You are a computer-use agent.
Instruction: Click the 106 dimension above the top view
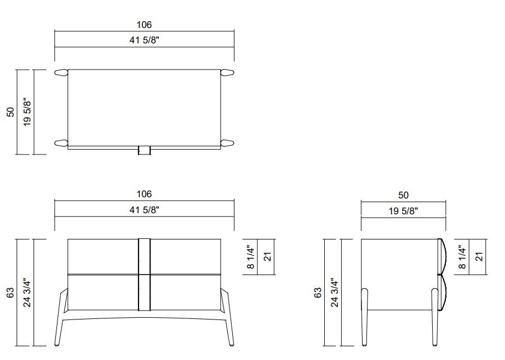pos(144,25)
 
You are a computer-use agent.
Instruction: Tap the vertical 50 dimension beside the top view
pos(10,112)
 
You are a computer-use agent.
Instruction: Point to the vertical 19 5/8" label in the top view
pos(27,112)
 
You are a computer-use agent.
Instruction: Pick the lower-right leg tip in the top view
pos(227,144)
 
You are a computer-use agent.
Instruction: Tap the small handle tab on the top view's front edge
pos(144,150)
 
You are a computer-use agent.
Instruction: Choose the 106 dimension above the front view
pos(144,194)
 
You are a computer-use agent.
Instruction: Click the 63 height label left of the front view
pos(10,293)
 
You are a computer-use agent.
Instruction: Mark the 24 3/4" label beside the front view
pos(27,293)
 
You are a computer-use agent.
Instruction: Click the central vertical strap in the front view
pos(144,274)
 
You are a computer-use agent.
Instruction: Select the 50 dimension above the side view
pos(403,195)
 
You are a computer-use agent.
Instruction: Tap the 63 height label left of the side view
pos(317,293)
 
